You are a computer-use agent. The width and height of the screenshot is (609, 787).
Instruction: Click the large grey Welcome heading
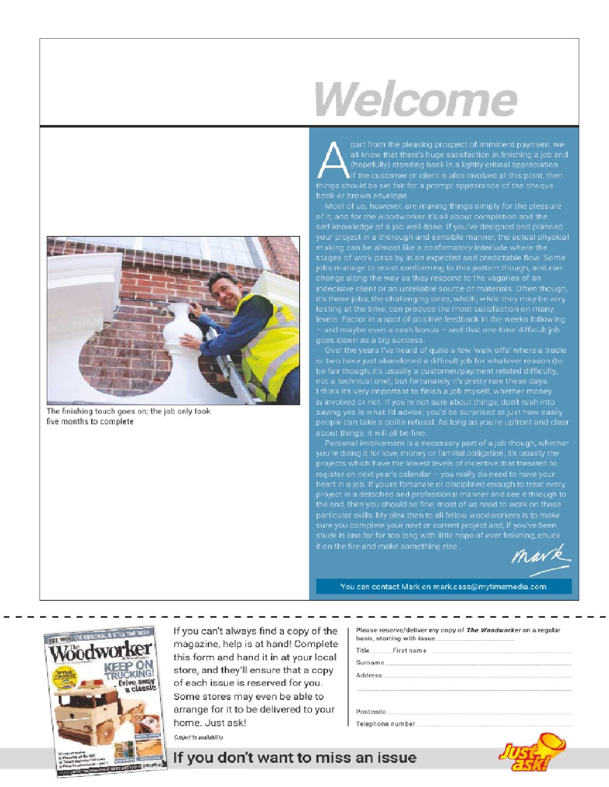pos(416,99)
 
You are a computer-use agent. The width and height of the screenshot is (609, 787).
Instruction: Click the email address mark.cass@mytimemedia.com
pos(489,587)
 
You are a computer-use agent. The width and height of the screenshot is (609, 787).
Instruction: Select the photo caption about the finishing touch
pos(128,416)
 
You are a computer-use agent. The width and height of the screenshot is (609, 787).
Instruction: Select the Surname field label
pos(370,662)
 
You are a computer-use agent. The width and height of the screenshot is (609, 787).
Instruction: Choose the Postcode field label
pos(371,712)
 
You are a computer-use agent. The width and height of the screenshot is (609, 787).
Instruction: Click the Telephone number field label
pos(385,724)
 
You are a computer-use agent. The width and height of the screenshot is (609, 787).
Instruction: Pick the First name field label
pos(409,651)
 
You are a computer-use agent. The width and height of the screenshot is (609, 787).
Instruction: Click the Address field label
pos(369,675)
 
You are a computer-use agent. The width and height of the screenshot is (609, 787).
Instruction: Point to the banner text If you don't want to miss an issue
pos(294,758)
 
